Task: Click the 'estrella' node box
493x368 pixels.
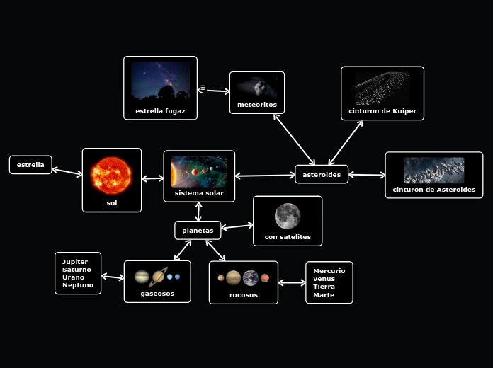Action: coord(30,165)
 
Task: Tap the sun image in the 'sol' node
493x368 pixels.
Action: coord(111,175)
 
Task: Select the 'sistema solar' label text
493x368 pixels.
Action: coord(199,193)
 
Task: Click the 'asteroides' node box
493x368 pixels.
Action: coord(322,174)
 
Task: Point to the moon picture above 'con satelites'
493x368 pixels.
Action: coord(288,216)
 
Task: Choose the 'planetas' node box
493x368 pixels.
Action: coord(198,231)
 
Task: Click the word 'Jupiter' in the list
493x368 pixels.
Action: coord(75,262)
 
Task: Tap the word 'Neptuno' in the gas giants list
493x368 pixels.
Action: coord(78,285)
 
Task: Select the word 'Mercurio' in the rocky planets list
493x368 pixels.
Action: coord(329,271)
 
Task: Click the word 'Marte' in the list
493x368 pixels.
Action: coord(324,295)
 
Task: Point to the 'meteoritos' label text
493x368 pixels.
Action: coord(257,105)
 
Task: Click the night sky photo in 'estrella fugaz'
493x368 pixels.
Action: coord(161,81)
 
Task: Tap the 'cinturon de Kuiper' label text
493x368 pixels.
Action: coord(382,111)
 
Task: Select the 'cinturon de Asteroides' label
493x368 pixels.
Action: coord(434,190)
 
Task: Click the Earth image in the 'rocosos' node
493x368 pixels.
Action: coord(251,277)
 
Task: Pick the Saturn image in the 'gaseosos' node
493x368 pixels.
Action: coord(159,276)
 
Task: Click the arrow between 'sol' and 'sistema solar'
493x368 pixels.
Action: coord(152,178)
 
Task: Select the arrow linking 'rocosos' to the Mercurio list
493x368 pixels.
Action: coord(292,283)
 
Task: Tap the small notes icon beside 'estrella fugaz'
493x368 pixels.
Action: coord(203,88)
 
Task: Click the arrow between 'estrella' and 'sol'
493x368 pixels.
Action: coord(67,171)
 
